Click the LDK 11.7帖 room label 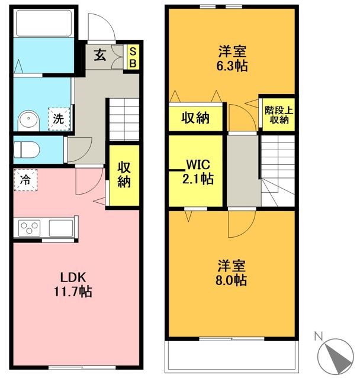[x=74, y=284]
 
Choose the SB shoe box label [x=133, y=57]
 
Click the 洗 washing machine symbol [x=58, y=118]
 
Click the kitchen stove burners [x=30, y=228]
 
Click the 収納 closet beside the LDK [x=123, y=175]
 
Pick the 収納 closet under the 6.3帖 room [x=195, y=118]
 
